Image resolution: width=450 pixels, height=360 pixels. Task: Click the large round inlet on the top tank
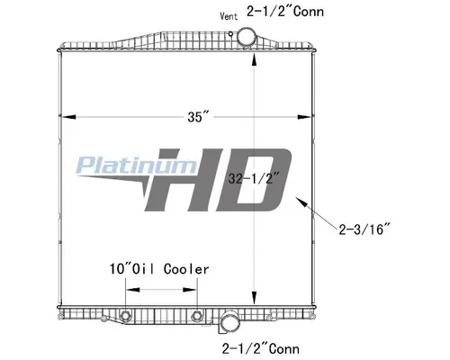[x=247, y=38]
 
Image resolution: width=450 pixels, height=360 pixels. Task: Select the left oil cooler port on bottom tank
[x=125, y=316]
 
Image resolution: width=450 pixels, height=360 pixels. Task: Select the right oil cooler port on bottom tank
[x=198, y=316]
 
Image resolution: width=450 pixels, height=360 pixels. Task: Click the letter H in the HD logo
[x=193, y=180]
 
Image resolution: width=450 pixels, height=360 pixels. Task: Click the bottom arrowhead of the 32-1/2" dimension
[x=256, y=302]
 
